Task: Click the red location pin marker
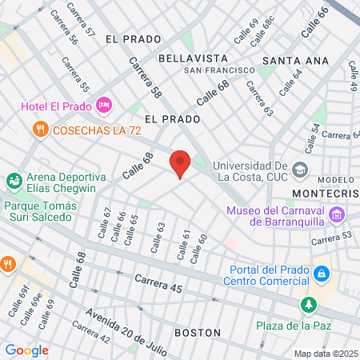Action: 180,162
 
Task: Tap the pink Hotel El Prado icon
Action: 103,106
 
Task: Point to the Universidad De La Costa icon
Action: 300,170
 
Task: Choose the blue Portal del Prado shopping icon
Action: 322,274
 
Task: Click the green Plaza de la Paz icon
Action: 309,305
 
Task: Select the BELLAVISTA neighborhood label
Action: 193,58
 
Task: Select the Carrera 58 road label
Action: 146,81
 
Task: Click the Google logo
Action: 26,350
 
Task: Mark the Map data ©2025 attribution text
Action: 325,354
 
